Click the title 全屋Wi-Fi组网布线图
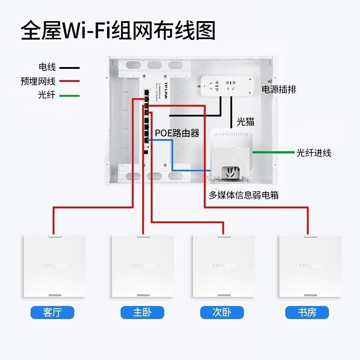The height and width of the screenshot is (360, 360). tap(118, 31)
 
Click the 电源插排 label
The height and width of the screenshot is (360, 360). tap(279, 90)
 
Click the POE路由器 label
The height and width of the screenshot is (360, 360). tap(177, 133)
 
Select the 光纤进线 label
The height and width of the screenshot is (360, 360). tap(313, 153)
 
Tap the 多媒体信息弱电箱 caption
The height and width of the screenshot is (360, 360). tap(247, 195)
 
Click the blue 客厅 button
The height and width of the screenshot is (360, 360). tap(52, 312)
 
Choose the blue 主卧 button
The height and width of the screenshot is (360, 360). tap(142, 312)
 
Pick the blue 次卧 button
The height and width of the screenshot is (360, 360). tap(222, 312)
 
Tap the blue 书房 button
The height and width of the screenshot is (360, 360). tap(307, 312)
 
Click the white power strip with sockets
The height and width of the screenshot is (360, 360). tap(225, 85)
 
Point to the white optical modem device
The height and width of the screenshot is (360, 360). tap(232, 153)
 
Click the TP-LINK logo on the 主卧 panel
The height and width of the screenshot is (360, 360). tap(142, 266)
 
